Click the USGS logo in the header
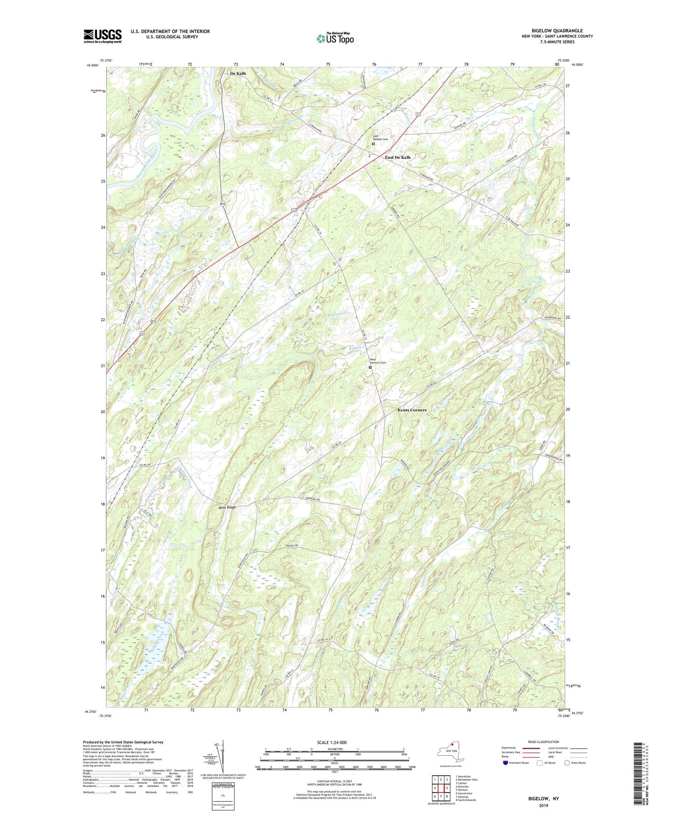click(103, 36)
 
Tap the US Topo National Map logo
click(335, 38)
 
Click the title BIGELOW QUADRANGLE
click(557, 31)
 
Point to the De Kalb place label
click(238, 74)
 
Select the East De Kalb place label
click(397, 158)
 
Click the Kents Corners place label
click(412, 410)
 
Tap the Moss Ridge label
click(226, 507)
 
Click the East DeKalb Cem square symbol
click(373, 144)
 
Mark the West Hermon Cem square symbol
click(370, 367)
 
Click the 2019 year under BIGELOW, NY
click(543, 806)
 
